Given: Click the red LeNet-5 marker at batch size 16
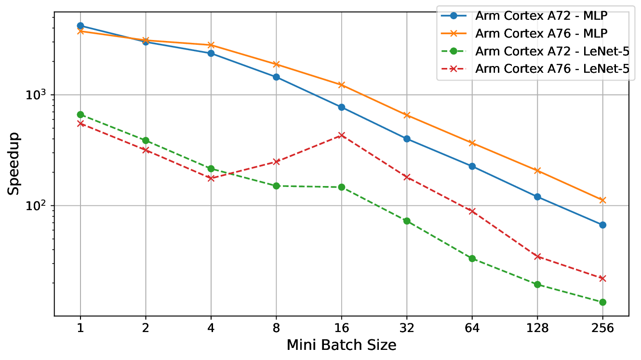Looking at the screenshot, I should pyautogui.click(x=342, y=135).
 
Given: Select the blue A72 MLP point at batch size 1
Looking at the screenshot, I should pyautogui.click(x=80, y=26).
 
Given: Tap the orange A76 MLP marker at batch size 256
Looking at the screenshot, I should pyautogui.click(x=602, y=200).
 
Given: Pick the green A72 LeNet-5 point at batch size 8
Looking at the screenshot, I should pyautogui.click(x=277, y=186).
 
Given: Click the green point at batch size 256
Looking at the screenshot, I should pyautogui.click(x=602, y=302).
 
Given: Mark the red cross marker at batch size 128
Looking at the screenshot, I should pyautogui.click(x=537, y=256).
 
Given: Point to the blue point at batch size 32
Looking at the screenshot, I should pyautogui.click(x=407, y=139).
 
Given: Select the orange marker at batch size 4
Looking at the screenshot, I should pyautogui.click(x=211, y=45).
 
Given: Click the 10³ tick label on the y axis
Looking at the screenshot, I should pyautogui.click(x=39, y=95).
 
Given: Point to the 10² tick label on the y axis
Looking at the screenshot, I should pyautogui.click(x=39, y=206).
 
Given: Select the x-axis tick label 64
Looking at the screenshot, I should pyautogui.click(x=472, y=329).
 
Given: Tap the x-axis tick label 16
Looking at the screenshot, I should pyautogui.click(x=342, y=329).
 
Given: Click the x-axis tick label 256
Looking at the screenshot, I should pyautogui.click(x=602, y=329).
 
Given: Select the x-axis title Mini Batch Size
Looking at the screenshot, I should pyautogui.click(x=341, y=345).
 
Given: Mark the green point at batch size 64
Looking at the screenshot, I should pyautogui.click(x=472, y=258).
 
